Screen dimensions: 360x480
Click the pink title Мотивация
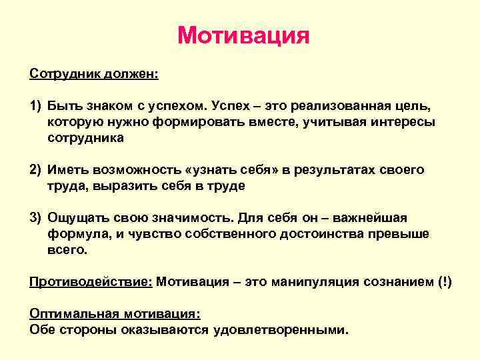pyautogui.click(x=243, y=35)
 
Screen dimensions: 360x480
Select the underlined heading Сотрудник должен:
pyautogui.click(x=94, y=73)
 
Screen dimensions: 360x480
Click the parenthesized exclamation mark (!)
pyautogui.click(x=442, y=282)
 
